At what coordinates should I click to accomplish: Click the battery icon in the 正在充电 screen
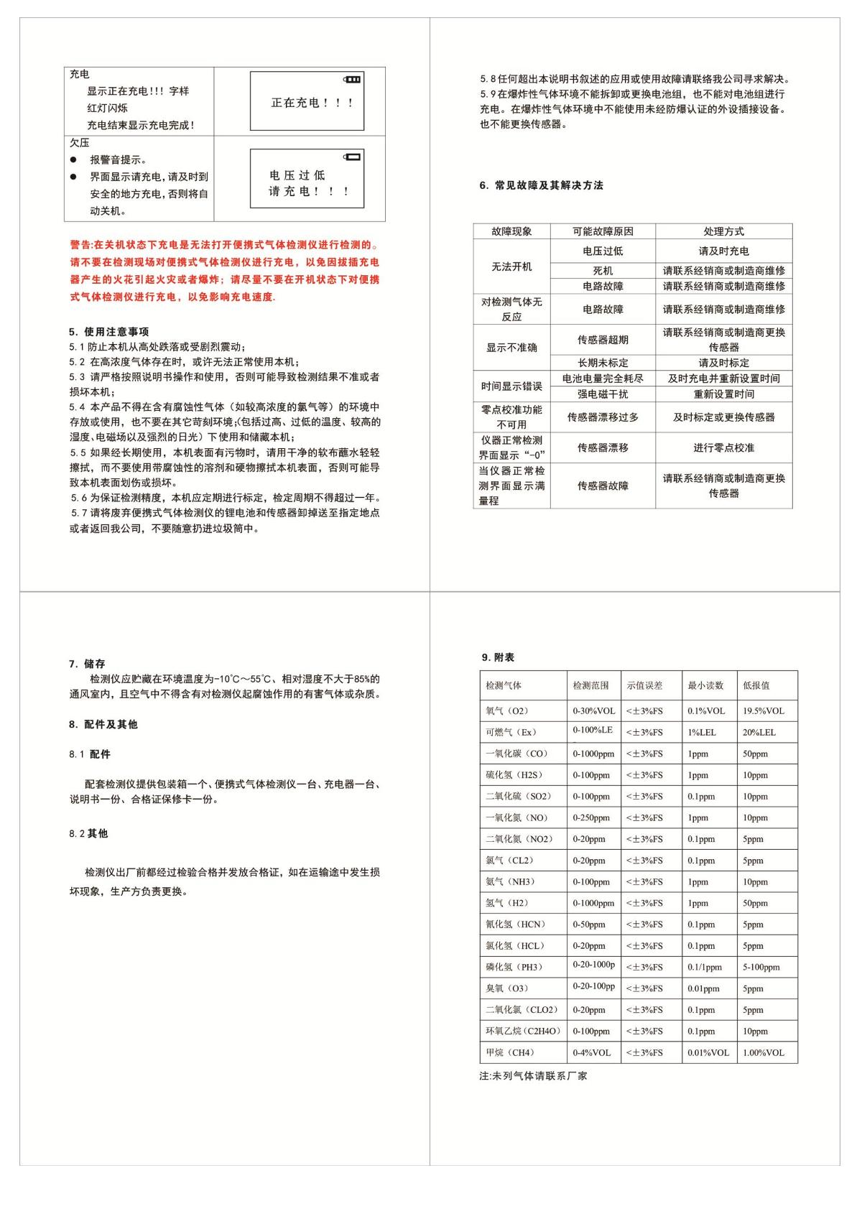(353, 78)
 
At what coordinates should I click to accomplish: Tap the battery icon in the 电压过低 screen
(353, 156)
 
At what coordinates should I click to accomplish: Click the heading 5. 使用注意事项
(109, 332)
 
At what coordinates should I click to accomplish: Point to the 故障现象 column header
(511, 231)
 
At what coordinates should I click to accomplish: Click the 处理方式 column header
(723, 231)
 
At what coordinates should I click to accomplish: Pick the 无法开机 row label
(511, 266)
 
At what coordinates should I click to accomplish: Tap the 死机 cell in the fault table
(603, 271)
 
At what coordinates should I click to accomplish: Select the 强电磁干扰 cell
(603, 394)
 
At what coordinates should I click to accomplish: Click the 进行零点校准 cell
(723, 448)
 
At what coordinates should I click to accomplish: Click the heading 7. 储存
(87, 664)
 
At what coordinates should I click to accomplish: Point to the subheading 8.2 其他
(88, 833)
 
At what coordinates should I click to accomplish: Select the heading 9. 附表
(498, 657)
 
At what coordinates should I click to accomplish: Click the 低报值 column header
(756, 685)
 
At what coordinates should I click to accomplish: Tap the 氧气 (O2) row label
(507, 711)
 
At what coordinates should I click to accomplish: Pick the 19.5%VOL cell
(764, 711)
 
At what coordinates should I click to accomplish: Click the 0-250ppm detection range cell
(591, 817)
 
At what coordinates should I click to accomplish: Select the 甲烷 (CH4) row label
(510, 1052)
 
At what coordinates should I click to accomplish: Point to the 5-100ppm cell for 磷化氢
(761, 967)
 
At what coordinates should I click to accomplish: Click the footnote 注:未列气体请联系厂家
(533, 1076)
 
